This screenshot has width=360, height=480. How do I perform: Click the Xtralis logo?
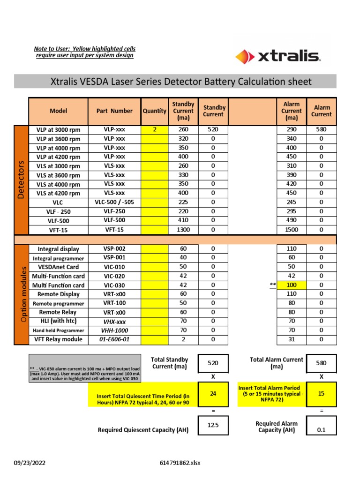pyautogui.click(x=277, y=57)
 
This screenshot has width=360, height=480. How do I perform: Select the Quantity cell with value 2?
pyautogui.click(x=154, y=129)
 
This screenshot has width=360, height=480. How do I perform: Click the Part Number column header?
pyautogui.click(x=114, y=111)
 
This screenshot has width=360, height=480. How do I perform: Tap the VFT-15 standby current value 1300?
pyautogui.click(x=183, y=230)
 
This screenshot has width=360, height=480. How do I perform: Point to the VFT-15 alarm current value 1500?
pyautogui.click(x=291, y=230)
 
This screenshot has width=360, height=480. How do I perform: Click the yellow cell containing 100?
pyautogui.click(x=291, y=285)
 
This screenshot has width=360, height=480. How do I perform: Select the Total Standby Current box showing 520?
pyautogui.click(x=213, y=363)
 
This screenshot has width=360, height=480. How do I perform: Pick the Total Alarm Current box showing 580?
pyautogui.click(x=321, y=363)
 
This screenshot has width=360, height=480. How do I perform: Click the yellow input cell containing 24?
pyautogui.click(x=213, y=394)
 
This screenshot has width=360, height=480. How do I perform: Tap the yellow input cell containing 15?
pyautogui.click(x=321, y=394)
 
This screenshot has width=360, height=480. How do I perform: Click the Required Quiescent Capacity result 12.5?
pyautogui.click(x=213, y=426)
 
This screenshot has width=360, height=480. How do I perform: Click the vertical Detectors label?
pyautogui.click(x=21, y=180)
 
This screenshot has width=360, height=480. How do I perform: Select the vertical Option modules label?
pyautogui.click(x=21, y=294)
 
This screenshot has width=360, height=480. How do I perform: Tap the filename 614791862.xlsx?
pyautogui.click(x=180, y=463)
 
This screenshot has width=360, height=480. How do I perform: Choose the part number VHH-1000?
pyautogui.click(x=114, y=330)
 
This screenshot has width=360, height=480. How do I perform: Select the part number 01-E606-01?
pyautogui.click(x=114, y=339)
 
